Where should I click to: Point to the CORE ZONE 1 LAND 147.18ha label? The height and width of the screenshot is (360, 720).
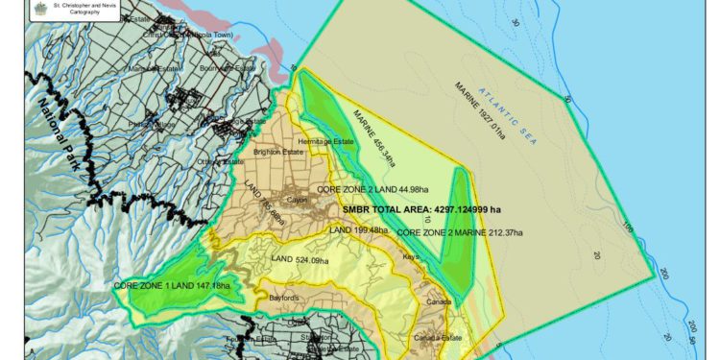tap(172, 286)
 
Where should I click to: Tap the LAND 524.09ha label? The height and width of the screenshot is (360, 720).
tap(299, 259)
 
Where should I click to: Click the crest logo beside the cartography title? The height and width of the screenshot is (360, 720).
tap(12, 9)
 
